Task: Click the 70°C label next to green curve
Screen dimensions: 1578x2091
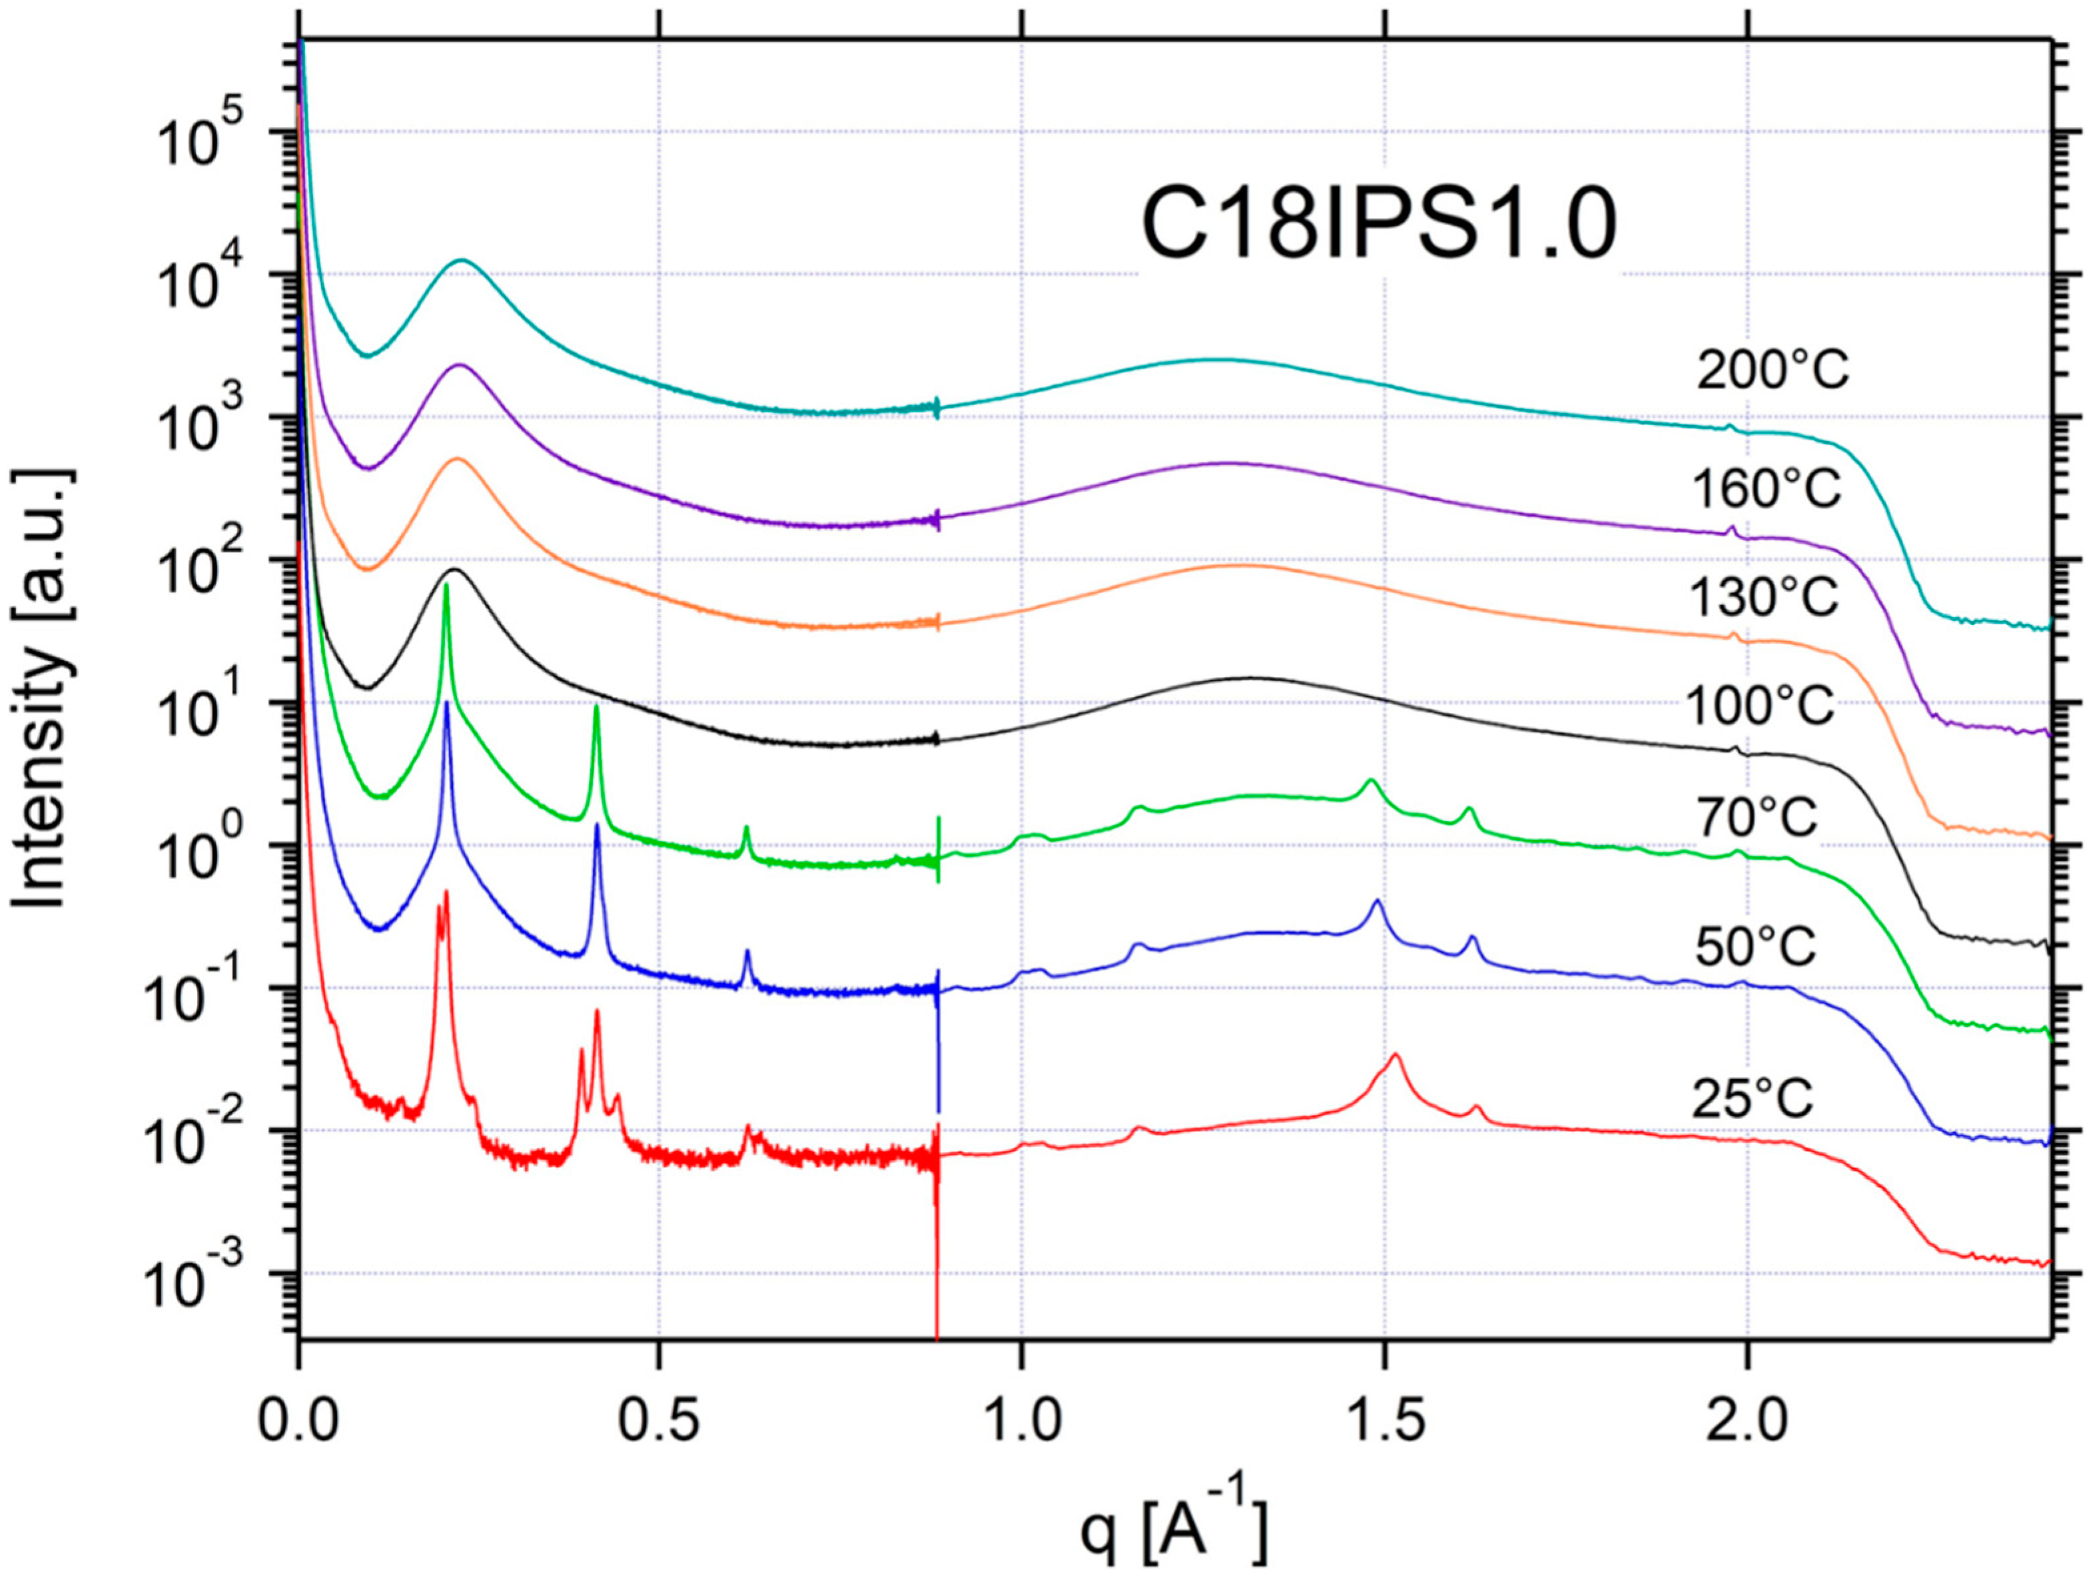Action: [1758, 818]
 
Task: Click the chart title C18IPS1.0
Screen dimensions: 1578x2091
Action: [1379, 227]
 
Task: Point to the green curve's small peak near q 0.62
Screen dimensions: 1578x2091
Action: [747, 828]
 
